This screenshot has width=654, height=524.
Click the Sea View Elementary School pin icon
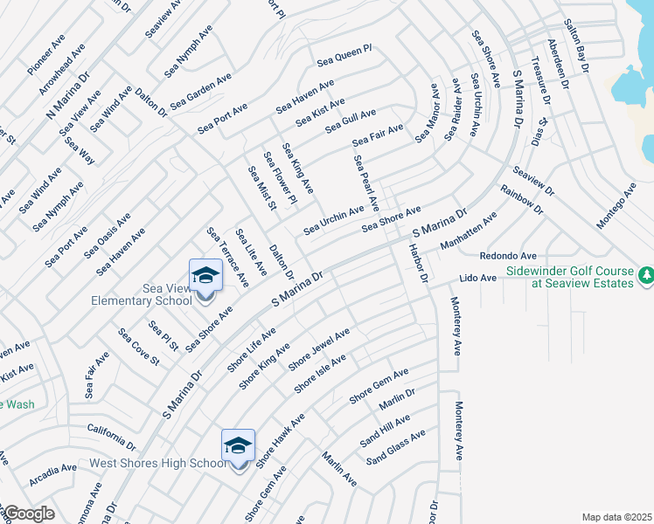pos(206,276)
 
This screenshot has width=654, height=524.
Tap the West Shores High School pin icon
pos(238,445)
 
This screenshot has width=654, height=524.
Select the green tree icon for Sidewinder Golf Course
pos(646,276)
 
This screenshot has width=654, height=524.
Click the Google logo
pos(28,514)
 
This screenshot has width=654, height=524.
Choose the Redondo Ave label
pos(507,256)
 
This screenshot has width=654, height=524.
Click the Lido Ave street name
pos(478,279)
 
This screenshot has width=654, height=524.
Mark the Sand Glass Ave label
pos(396,446)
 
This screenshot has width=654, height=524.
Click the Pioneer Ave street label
pos(45,54)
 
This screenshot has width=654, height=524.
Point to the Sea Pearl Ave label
pos(365,183)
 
